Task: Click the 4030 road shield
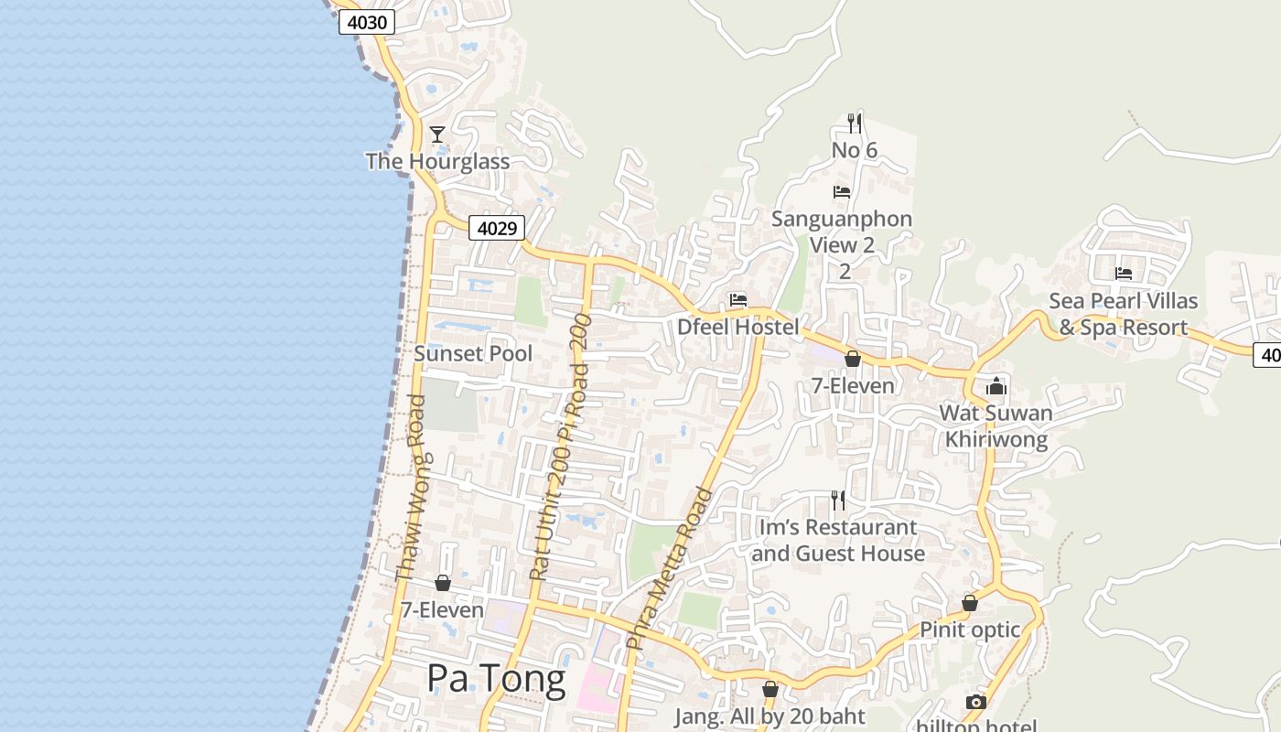[367, 22]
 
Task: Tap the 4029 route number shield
[497, 228]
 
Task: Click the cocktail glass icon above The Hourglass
[437, 135]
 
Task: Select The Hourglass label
[437, 162]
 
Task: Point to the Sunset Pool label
[473, 353]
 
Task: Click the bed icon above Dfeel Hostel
[738, 300]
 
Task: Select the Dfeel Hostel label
[738, 327]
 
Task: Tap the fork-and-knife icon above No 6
[855, 123]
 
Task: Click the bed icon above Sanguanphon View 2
[842, 192]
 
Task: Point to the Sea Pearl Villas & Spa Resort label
[1124, 314]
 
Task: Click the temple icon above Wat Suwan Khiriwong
[996, 386]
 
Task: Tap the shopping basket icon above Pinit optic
[970, 603]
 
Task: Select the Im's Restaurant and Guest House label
[838, 540]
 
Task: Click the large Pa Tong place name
[497, 679]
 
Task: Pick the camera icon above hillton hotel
[976, 702]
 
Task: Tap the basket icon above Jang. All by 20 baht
[770, 689]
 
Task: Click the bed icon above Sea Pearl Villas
[1124, 273]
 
